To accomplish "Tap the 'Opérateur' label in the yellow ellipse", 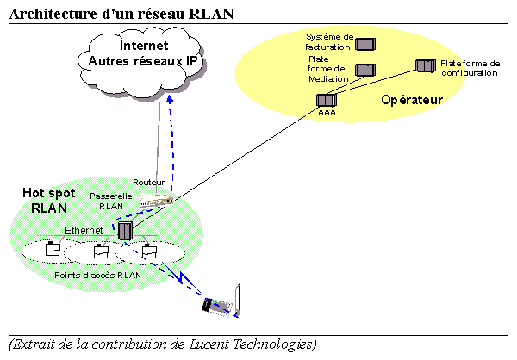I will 412,101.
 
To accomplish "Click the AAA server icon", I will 327,100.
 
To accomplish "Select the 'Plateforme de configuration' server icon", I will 425,66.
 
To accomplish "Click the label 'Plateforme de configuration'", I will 470,68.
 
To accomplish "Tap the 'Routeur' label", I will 148,182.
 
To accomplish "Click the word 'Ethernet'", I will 84,230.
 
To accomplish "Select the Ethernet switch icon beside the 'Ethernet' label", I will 126,231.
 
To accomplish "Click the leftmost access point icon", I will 53,251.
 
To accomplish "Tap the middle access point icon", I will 101,252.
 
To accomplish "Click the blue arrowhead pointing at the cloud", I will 170,100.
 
